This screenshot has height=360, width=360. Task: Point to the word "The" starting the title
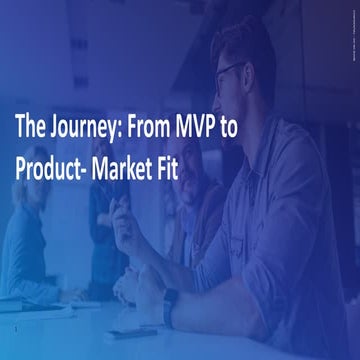pyautogui.click(x=30, y=128)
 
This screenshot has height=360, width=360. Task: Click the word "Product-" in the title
pyautogui.click(x=53, y=168)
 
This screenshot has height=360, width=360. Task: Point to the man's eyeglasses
pyautogui.click(x=228, y=75)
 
